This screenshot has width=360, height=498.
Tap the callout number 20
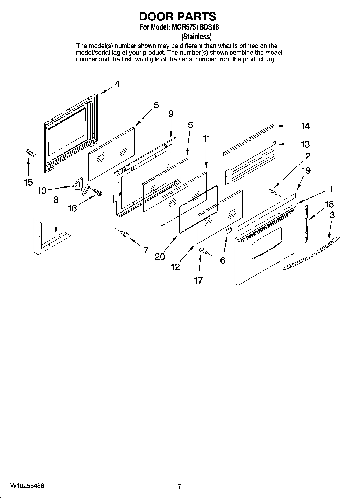[160, 257]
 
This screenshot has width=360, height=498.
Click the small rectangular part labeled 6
[228, 231]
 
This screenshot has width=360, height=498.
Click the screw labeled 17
[203, 251]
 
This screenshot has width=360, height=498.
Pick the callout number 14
[305, 126]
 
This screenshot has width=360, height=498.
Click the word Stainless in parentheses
[197, 36]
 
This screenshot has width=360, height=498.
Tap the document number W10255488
[27, 486]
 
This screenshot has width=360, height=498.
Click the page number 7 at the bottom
[180, 486]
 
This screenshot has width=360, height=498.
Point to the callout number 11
[206, 139]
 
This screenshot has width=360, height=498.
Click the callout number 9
[171, 114]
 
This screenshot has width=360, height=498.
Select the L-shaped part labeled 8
[50, 238]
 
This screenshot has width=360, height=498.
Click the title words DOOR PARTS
[177, 16]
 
